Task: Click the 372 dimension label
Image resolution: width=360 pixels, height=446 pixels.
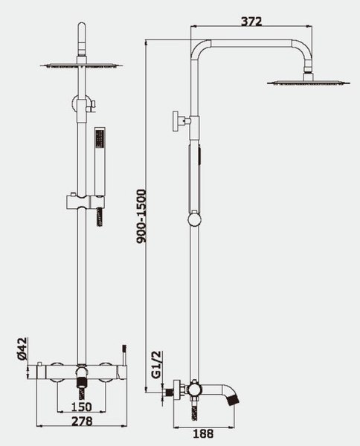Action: pyautogui.click(x=251, y=22)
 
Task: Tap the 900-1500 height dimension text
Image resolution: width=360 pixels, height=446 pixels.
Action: pyautogui.click(x=141, y=216)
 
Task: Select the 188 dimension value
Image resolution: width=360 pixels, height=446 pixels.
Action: pyautogui.click(x=204, y=434)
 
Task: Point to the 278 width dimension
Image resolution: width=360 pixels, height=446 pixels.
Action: pyautogui.click(x=82, y=421)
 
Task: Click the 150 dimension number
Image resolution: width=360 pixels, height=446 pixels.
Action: pyautogui.click(x=81, y=407)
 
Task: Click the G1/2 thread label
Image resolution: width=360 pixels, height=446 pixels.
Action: pyautogui.click(x=156, y=364)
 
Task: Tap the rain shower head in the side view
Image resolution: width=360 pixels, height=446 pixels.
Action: pyautogui.click(x=309, y=83)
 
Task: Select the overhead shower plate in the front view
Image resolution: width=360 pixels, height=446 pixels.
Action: pyautogui.click(x=82, y=65)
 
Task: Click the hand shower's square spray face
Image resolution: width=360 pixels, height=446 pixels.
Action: pyautogui.click(x=100, y=139)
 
